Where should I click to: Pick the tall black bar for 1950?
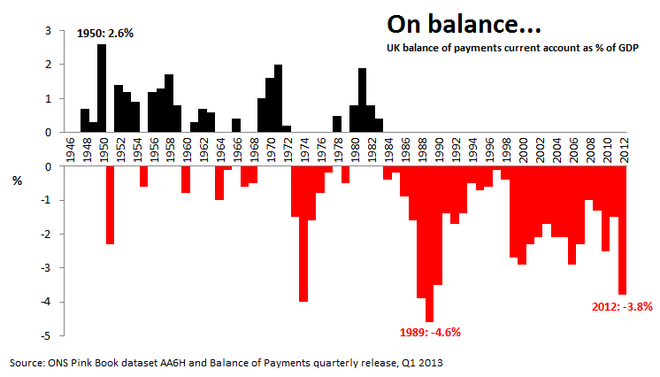[102, 88]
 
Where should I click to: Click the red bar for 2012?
[622, 229]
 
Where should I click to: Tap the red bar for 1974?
[303, 234]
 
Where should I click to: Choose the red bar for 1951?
[111, 204]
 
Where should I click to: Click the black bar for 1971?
[278, 98]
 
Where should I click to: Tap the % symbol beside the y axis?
[17, 182]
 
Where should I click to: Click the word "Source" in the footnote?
[27, 363]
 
